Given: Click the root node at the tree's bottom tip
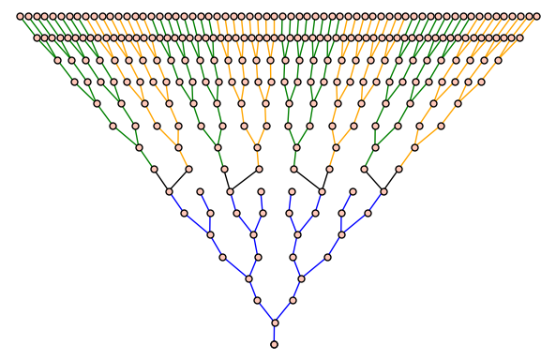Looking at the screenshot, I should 274,345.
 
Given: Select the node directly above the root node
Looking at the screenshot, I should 274,323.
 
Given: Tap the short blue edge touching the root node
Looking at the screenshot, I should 274,335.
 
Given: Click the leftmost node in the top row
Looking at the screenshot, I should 20,16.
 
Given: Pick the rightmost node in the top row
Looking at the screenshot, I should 537,16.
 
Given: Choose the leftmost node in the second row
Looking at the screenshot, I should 37,37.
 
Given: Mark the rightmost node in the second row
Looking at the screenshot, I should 520,37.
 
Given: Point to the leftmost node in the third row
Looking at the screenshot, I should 57,60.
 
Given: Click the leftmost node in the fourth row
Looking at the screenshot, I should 76,82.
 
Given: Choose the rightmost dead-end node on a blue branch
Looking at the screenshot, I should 353,191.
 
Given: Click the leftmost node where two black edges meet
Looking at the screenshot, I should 170,191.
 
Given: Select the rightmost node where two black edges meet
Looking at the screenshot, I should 383,191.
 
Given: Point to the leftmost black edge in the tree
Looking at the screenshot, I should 162,181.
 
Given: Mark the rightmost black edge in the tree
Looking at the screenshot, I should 390,181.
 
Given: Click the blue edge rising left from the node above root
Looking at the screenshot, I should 265,312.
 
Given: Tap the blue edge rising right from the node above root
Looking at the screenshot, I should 283,312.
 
